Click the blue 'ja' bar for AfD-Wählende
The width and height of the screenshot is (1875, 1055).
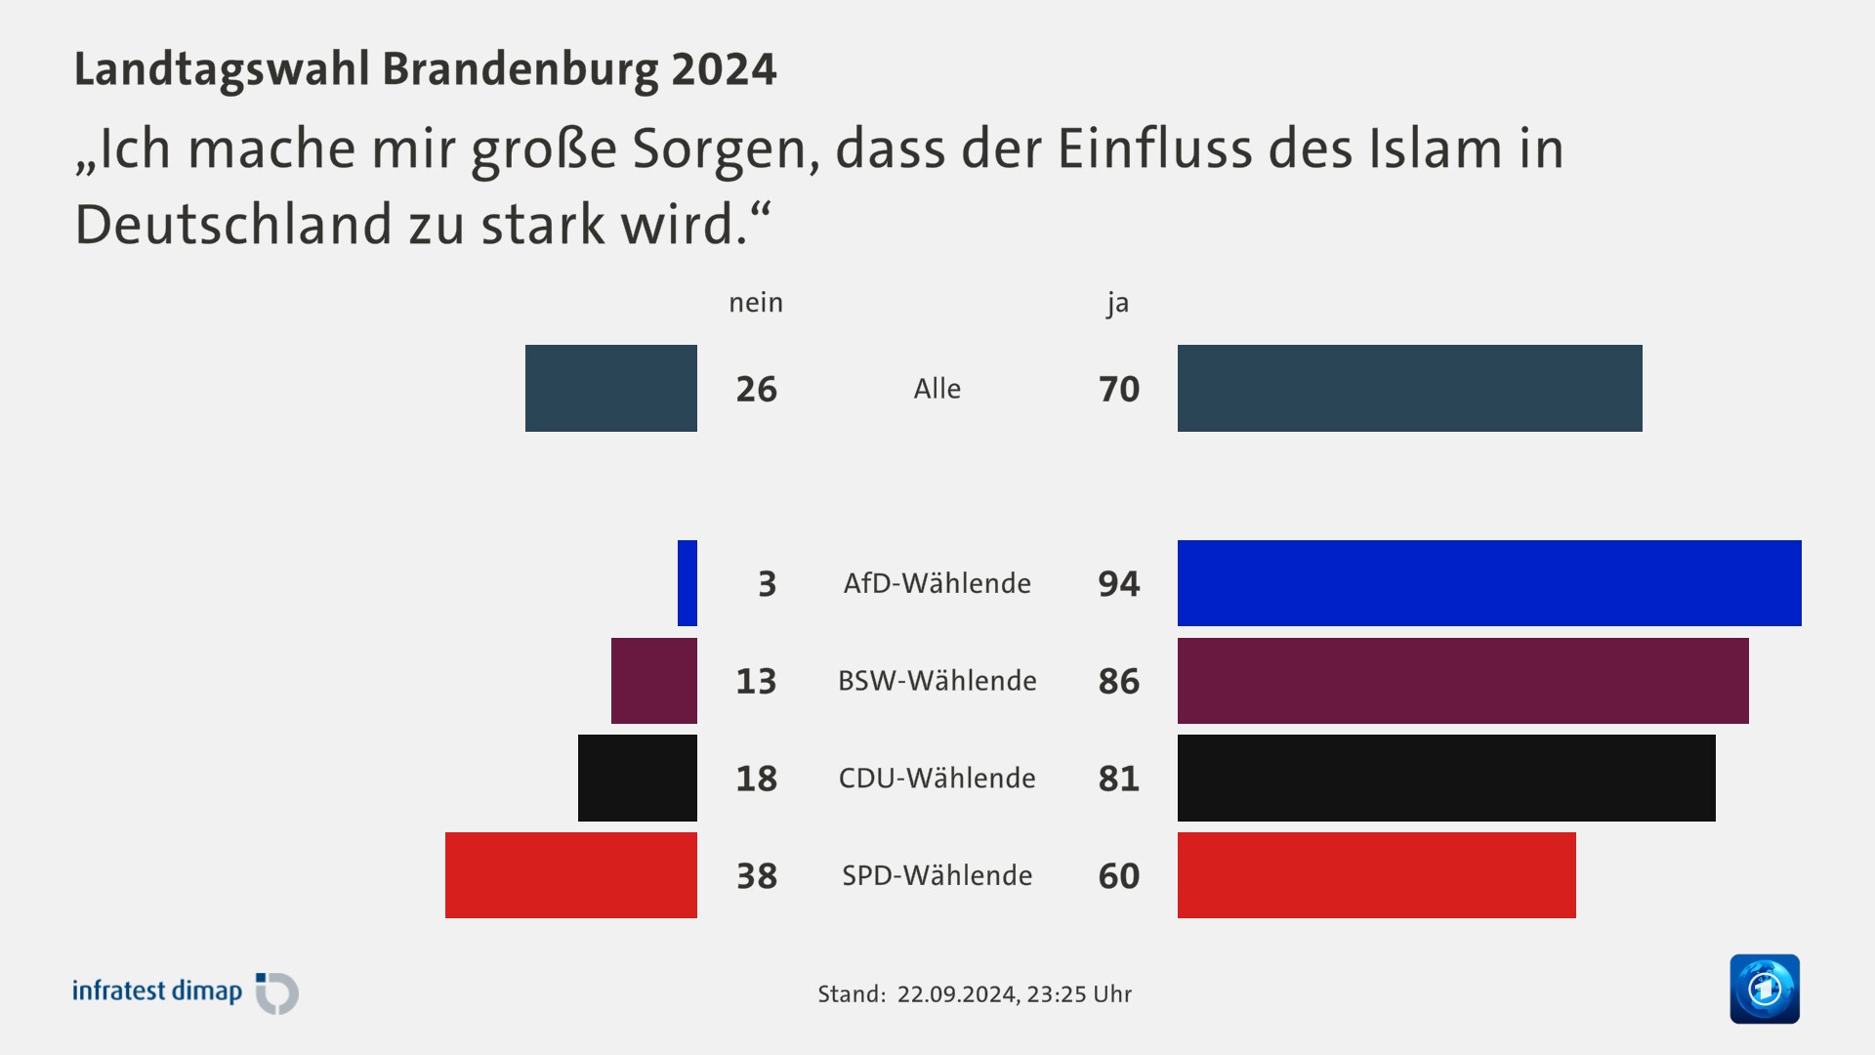coord(1489,583)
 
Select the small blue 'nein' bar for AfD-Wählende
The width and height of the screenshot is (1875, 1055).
coord(687,583)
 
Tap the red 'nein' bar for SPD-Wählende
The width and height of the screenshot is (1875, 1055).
coord(571,875)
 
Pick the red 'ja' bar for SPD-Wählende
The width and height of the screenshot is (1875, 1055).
coord(1377,875)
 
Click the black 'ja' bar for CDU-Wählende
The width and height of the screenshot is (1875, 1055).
coord(1446,778)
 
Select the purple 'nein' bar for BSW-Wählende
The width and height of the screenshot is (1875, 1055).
coord(654,681)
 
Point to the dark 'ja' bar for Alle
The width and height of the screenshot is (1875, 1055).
coord(1409,388)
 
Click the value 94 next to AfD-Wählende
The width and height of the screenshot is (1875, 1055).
coord(1119,584)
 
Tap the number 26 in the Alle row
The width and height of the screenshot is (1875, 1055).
coord(756,389)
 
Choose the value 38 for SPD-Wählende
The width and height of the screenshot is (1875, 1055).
coord(756,876)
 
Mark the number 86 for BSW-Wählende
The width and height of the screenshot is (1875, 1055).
coord(1119,681)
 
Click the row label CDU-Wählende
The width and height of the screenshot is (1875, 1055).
coord(937,779)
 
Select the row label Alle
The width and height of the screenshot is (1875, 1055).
coord(937,389)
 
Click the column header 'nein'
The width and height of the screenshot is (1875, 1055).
coord(756,303)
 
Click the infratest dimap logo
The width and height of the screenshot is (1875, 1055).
coord(185,992)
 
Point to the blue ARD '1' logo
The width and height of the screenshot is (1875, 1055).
coord(1764,989)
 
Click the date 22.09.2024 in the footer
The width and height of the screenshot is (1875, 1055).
coord(956,994)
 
